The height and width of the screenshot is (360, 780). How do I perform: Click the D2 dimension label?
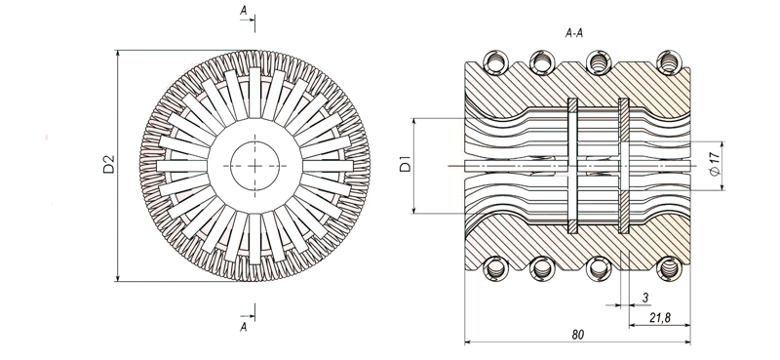pyautogui.click(x=108, y=164)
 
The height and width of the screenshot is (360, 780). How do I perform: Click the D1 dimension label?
pyautogui.click(x=406, y=164)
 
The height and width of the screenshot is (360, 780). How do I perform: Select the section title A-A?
pyautogui.click(x=574, y=33)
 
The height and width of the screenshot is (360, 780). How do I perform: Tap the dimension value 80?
pyautogui.click(x=577, y=335)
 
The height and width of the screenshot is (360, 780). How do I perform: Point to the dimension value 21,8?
pyautogui.click(x=660, y=317)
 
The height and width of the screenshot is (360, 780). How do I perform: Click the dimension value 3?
pyautogui.click(x=645, y=298)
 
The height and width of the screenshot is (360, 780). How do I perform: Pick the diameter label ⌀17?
pyautogui.click(x=715, y=164)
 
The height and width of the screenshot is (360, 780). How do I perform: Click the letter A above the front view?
pyautogui.click(x=243, y=10)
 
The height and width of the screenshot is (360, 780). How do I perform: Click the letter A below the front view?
pyautogui.click(x=243, y=327)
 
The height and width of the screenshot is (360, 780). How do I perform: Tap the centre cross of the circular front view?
pyautogui.click(x=254, y=165)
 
